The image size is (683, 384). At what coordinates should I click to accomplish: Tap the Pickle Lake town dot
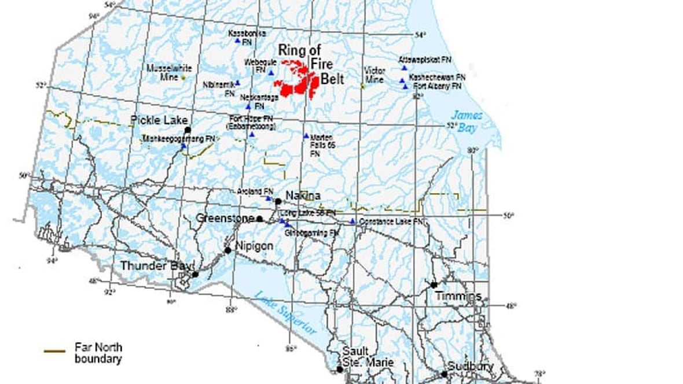[x=187, y=130]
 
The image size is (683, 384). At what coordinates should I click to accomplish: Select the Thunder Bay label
[x=156, y=266]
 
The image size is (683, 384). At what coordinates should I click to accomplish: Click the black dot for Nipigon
[x=228, y=250]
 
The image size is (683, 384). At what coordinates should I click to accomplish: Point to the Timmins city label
[x=459, y=296]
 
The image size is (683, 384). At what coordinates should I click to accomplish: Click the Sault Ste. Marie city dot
[x=339, y=369]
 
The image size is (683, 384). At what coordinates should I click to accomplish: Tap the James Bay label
[x=466, y=121]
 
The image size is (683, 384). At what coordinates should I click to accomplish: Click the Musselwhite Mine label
[x=166, y=71]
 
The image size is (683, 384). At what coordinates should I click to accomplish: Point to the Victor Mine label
[x=374, y=75]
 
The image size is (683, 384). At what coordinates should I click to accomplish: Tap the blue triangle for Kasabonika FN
[x=237, y=40]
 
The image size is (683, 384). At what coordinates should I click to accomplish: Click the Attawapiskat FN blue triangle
[x=405, y=68]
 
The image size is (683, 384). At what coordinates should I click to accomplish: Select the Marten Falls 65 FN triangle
[x=307, y=136]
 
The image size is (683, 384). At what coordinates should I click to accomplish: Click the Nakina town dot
[x=278, y=201]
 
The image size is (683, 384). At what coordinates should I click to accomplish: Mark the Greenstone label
[x=225, y=218]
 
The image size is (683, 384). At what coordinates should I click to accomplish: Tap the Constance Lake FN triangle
[x=352, y=221]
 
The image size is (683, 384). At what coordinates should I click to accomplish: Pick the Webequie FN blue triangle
[x=271, y=72]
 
